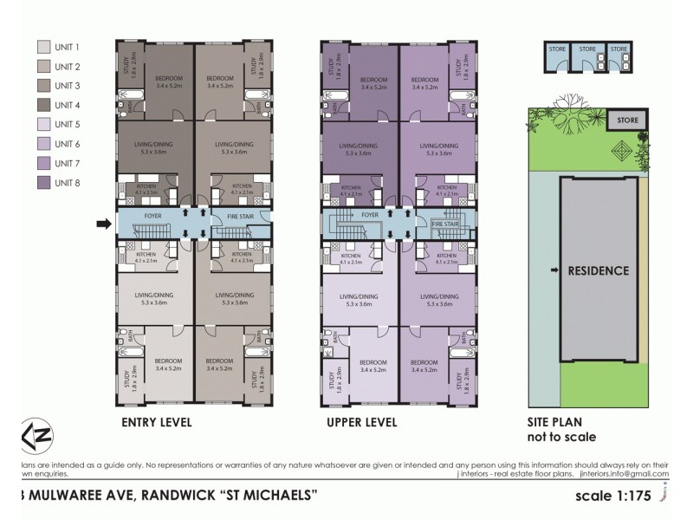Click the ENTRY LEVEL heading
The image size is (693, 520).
tap(157, 423)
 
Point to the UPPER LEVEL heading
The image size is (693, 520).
tap(362, 423)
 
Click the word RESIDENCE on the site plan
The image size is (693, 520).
tap(598, 270)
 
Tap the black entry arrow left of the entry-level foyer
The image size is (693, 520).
tap(103, 225)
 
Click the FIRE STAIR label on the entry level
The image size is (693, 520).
tap(240, 215)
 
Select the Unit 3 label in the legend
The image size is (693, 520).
tap(67, 86)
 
